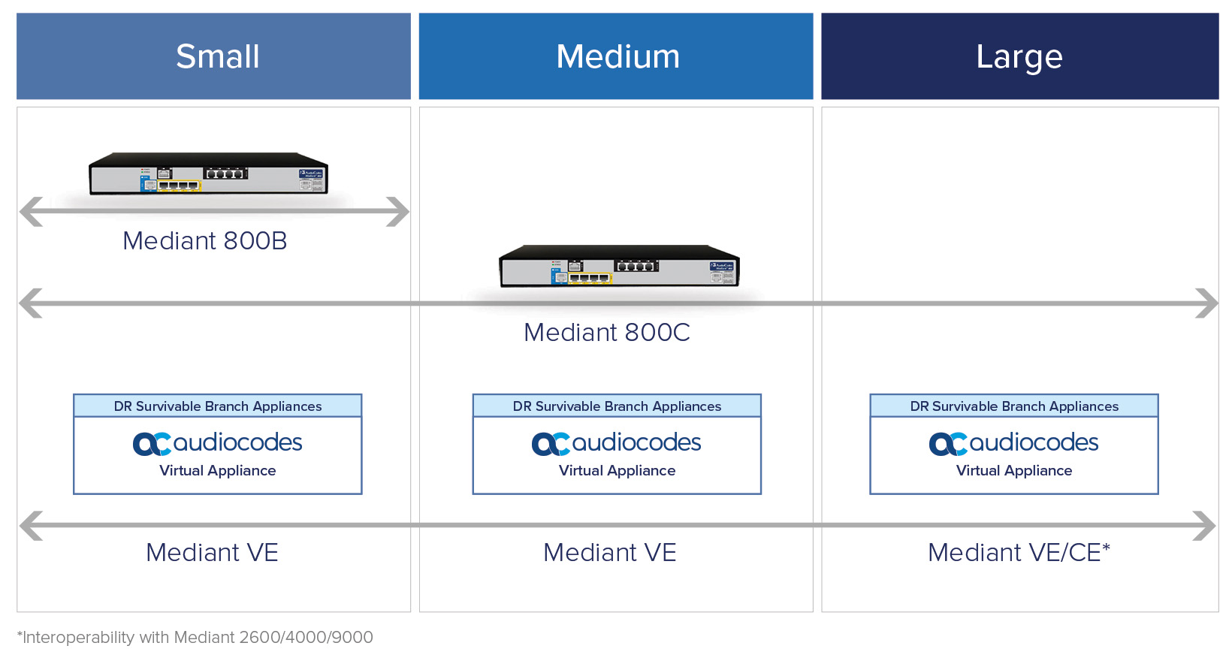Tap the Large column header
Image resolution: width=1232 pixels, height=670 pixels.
tap(1019, 56)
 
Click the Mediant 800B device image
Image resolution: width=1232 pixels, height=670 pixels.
tap(208, 174)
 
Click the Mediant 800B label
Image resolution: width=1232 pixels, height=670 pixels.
tap(205, 241)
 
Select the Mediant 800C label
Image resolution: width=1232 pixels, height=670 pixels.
tap(607, 333)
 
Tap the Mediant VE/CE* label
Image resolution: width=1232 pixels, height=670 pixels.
tap(1019, 553)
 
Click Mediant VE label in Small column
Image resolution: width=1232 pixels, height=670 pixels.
tap(212, 553)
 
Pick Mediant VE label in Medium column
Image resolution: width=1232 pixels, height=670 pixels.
tap(609, 553)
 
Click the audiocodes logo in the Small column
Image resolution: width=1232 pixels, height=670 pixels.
tap(218, 443)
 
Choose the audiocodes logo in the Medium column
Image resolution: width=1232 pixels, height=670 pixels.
tap(617, 443)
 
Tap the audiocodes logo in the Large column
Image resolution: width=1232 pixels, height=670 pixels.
tap(1014, 443)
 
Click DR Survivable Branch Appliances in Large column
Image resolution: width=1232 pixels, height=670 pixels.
tap(1014, 406)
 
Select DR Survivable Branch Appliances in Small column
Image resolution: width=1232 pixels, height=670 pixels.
tap(218, 406)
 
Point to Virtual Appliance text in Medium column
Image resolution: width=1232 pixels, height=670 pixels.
tap(617, 471)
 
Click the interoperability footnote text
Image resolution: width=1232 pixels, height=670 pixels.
tap(195, 638)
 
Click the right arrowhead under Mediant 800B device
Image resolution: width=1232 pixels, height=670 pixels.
tap(398, 212)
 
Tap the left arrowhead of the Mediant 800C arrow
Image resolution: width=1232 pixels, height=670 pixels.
tap(30, 303)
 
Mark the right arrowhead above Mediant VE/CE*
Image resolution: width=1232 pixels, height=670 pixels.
tap(1204, 526)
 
